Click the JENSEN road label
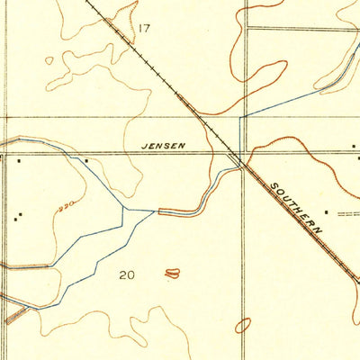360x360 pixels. tap(165, 144)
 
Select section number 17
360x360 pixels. tap(144, 29)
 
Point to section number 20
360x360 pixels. tap(126, 274)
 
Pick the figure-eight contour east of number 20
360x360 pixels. tap(172, 272)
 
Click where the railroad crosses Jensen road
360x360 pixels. tap(236, 154)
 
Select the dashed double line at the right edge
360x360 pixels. tap(349, 214)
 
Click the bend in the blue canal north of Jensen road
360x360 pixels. tap(241, 117)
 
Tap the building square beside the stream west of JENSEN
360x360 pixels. tap(85, 160)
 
